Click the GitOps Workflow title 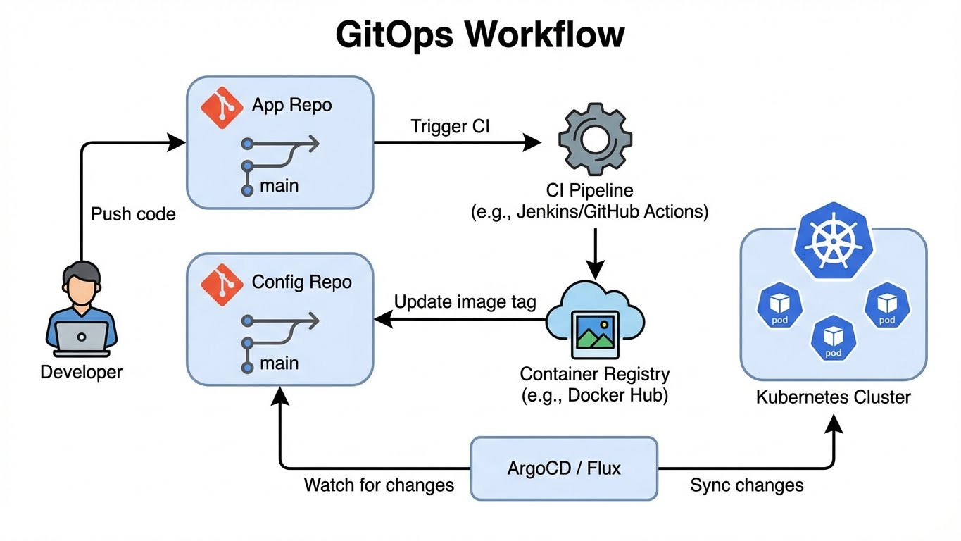[x=480, y=35]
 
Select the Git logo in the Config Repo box [x=222, y=284]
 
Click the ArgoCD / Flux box [x=564, y=468]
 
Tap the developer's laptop [x=82, y=337]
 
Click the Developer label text [x=82, y=372]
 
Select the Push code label [x=133, y=213]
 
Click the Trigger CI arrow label [x=451, y=127]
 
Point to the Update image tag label [x=465, y=302]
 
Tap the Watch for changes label [x=379, y=485]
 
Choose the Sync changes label [x=746, y=485]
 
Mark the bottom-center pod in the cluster [x=833, y=339]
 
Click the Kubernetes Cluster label [x=833, y=397]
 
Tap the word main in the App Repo [x=279, y=186]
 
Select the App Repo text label [x=291, y=106]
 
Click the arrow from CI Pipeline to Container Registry [x=596, y=253]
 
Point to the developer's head [x=82, y=282]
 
